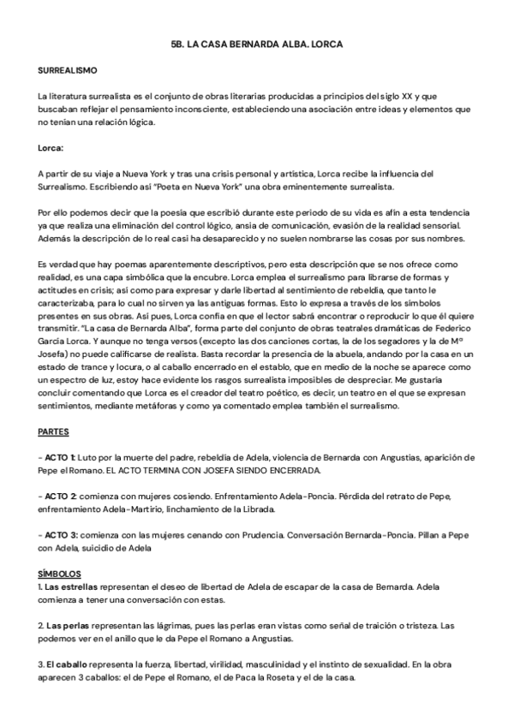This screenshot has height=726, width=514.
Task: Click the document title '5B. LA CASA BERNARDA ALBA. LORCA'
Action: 257,42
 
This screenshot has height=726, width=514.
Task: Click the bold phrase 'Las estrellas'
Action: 73,587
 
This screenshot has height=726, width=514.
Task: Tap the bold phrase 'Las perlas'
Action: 69,626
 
